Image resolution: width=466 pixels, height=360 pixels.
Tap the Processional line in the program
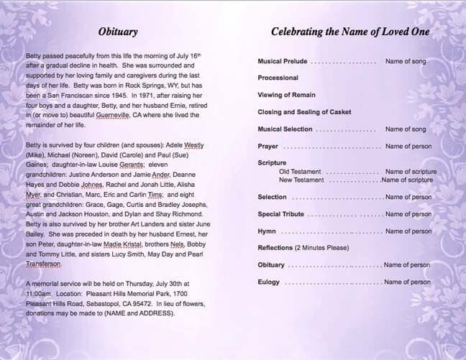pos(278,78)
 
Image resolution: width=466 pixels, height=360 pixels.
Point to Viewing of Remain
pos(285,96)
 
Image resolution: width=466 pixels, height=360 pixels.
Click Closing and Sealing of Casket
pos(304,113)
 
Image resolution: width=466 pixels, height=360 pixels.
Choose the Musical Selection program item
pos(285,129)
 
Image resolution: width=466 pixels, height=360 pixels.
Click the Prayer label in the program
pos(268,147)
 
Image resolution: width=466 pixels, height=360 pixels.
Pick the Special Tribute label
pos(280,214)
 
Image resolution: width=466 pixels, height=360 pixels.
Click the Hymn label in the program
pos(267,231)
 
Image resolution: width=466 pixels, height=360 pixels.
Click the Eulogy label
pos(269,282)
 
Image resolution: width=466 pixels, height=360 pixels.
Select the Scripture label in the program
pos(272,164)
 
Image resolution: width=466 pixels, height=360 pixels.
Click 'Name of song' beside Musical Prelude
pos(406,62)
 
